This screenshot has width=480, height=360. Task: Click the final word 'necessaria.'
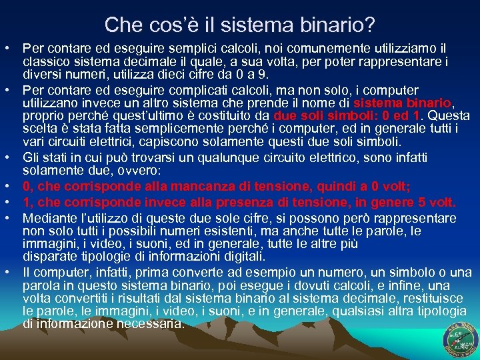(x=150, y=323)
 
